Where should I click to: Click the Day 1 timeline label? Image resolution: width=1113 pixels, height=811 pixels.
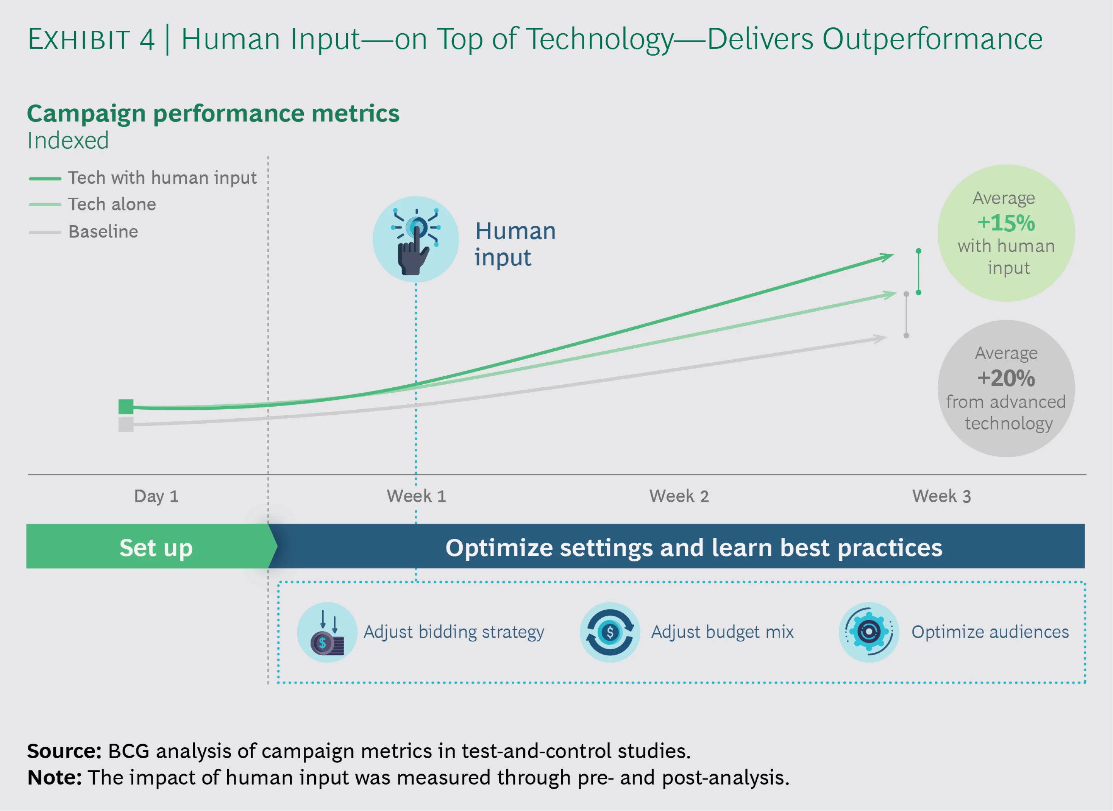pos(156,496)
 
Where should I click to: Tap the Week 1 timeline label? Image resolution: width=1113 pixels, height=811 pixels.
pos(417,496)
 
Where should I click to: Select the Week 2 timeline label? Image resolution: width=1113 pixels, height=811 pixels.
pos(679,496)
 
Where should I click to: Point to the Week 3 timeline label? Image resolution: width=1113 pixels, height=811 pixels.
pos(941,496)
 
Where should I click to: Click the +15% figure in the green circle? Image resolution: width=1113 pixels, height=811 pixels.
pos(1006,223)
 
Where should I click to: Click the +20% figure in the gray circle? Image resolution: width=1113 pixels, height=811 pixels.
pos(1006,378)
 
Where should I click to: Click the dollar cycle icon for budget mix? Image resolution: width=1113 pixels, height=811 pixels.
pos(610,632)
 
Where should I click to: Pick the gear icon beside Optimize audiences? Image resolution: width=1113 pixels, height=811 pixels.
pos(869,632)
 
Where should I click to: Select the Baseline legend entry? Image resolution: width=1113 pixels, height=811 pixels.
pos(83,232)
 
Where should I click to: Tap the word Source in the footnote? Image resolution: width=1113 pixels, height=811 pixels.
pos(64,751)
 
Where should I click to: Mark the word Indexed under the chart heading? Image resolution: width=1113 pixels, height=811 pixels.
pos(68,141)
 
